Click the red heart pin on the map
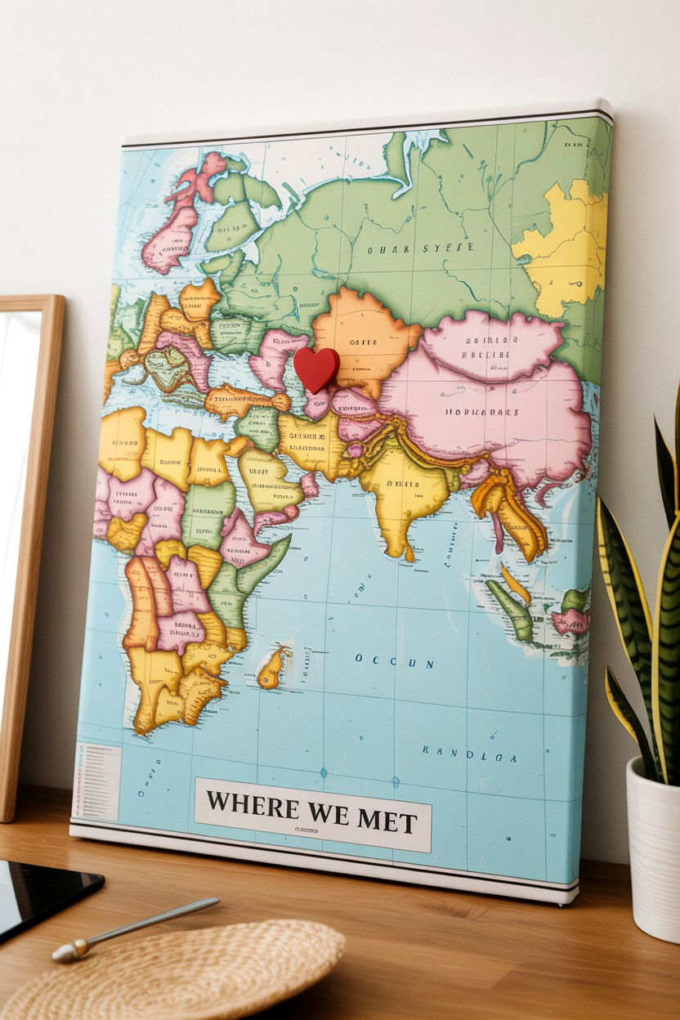315,368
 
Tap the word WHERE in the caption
252,806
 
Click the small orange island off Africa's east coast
272,668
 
